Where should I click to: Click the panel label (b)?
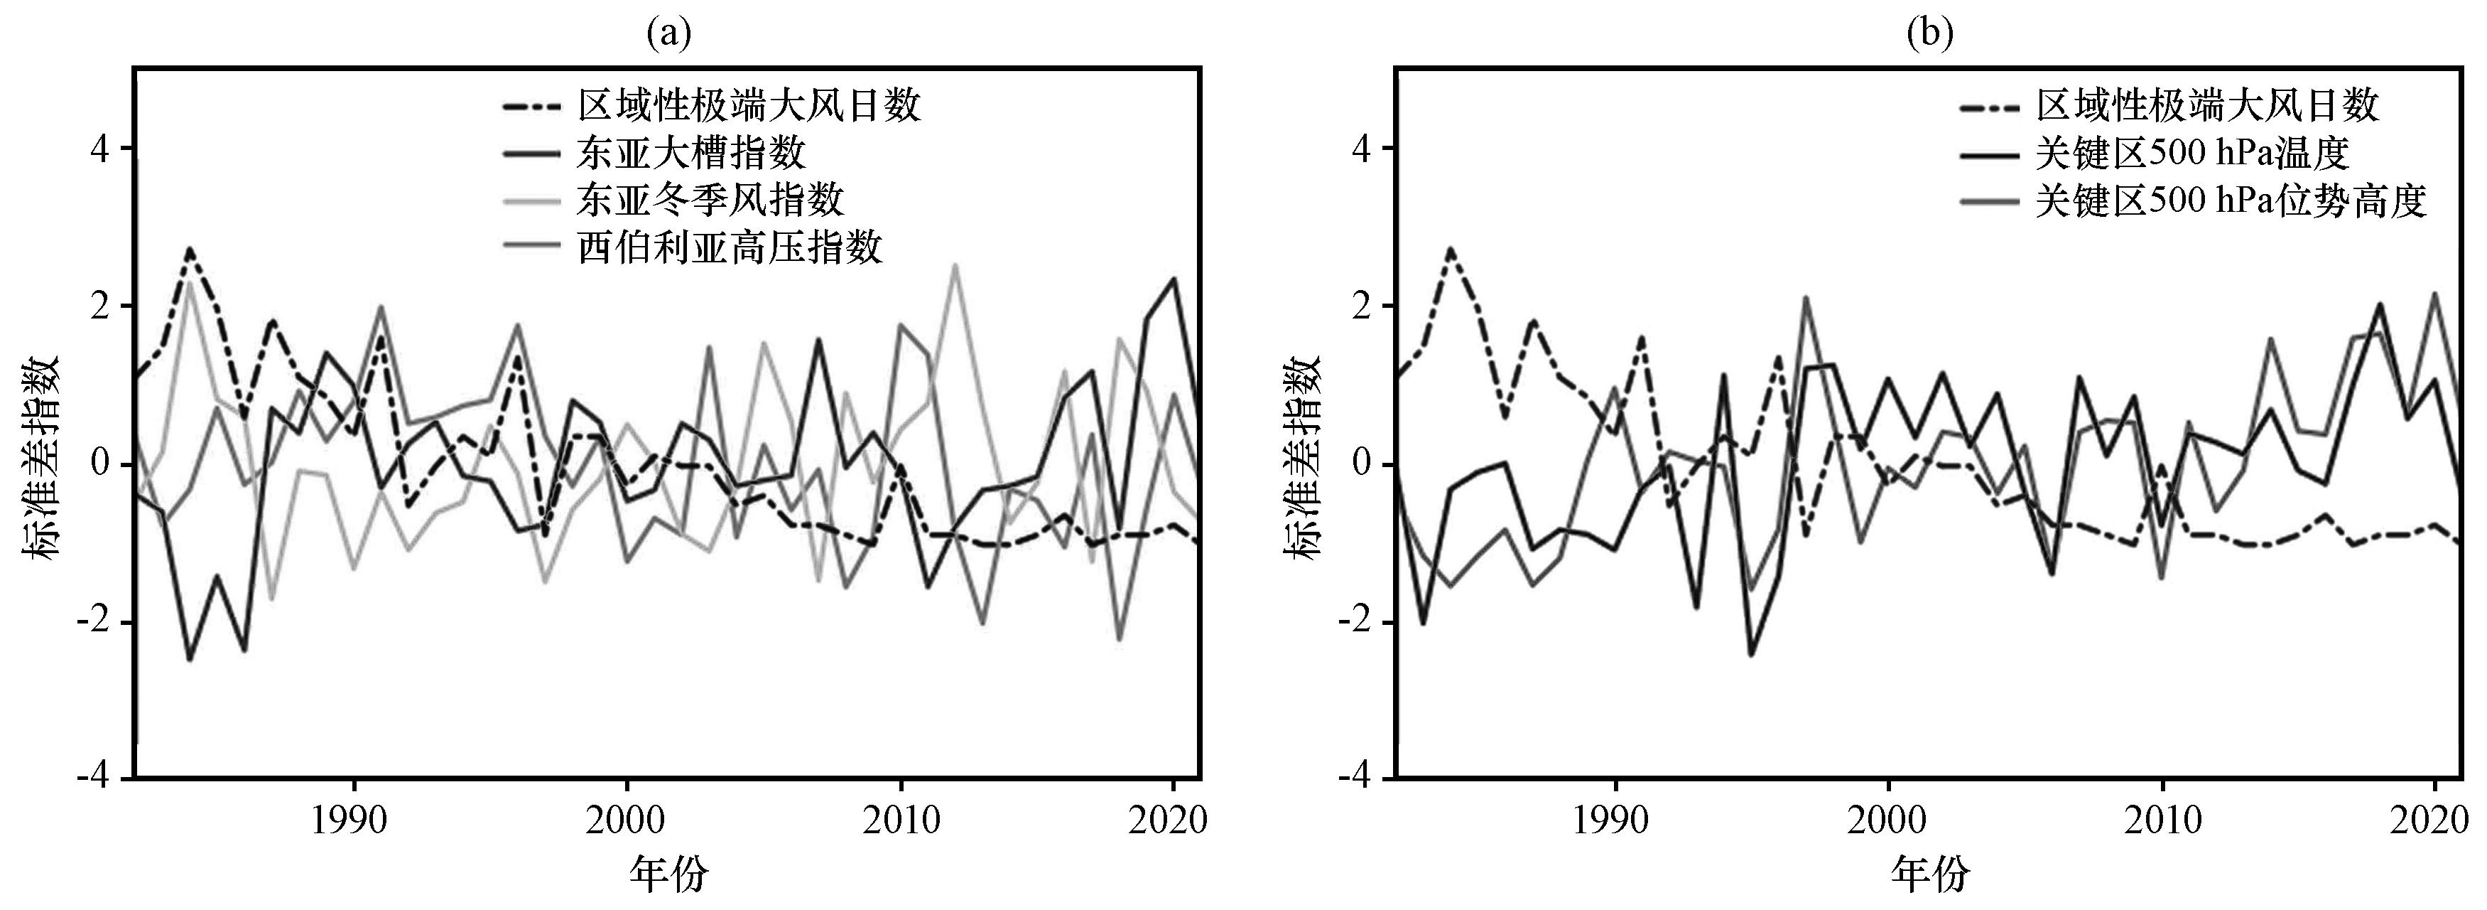tap(1930, 34)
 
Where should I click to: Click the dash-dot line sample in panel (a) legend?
tap(531, 105)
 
